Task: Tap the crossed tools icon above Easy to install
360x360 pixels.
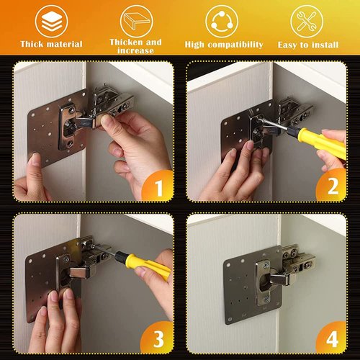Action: pos(307,20)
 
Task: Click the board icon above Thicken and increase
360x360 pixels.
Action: pos(135,19)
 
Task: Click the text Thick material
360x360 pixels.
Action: pos(51,45)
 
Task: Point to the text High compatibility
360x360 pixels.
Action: pos(224,45)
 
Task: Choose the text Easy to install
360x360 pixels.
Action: pos(307,45)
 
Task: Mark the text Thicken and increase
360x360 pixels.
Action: pos(135,47)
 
